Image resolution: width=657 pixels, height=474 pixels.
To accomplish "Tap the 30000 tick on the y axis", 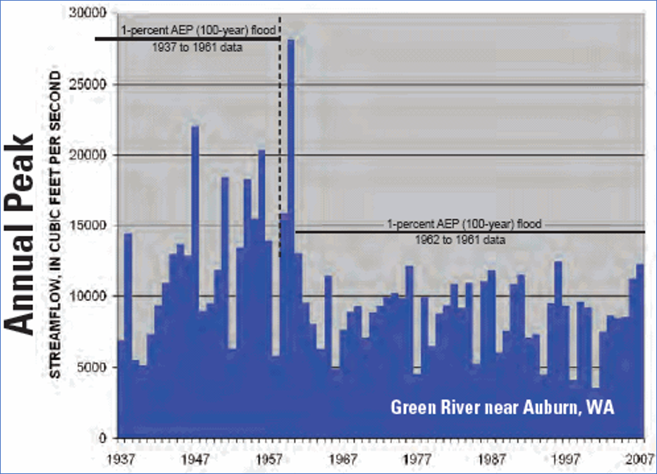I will click(x=95, y=13).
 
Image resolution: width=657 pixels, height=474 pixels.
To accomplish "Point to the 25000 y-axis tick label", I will click(x=95, y=85).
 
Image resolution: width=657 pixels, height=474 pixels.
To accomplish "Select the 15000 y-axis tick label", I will click(x=95, y=225).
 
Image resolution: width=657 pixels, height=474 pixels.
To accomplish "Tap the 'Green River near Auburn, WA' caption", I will click(x=503, y=408).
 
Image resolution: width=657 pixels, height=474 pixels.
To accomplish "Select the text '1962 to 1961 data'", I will click(x=462, y=239).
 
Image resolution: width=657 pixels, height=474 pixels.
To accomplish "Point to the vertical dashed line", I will click(x=280, y=141).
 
